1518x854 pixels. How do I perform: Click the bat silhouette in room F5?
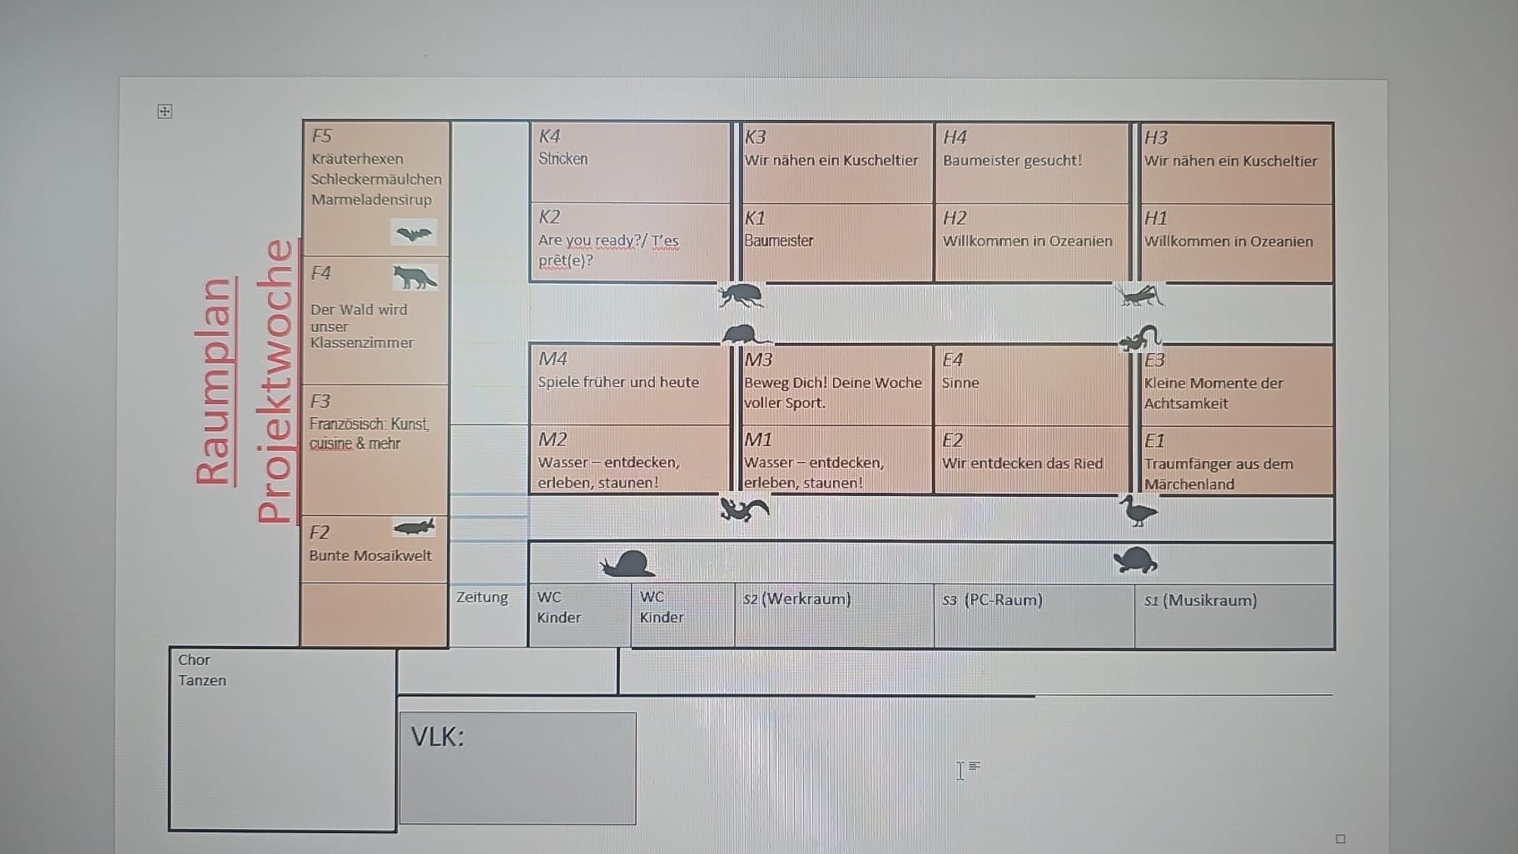[414, 234]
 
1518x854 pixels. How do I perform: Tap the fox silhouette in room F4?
[414, 277]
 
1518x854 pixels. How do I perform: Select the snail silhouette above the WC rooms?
[628, 564]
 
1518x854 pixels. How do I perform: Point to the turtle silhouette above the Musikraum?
[1136, 560]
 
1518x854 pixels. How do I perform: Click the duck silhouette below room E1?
[1138, 510]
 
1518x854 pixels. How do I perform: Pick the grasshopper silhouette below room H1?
[1140, 295]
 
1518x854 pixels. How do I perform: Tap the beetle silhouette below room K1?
[741, 295]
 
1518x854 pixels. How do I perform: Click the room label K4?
[550, 136]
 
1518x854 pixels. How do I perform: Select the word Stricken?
[563, 158]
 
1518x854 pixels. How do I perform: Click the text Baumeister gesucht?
[1012, 160]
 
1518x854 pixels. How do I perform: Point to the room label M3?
[758, 360]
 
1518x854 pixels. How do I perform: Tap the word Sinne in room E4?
[960, 383]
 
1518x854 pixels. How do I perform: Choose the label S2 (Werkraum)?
[797, 599]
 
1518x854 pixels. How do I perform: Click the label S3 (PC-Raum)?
[992, 599]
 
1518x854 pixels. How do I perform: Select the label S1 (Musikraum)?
[1200, 600]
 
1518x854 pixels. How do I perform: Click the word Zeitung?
[482, 598]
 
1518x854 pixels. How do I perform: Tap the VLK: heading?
[437, 737]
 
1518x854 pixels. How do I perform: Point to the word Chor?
[194, 659]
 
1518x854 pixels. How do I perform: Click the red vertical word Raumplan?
[214, 380]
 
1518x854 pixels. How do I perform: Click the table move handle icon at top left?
[165, 111]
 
